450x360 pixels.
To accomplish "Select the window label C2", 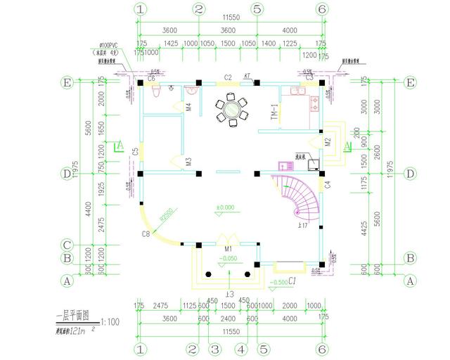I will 229,77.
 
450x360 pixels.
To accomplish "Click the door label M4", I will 188,108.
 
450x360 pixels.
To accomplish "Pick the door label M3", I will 188,162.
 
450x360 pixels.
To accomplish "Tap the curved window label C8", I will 146,233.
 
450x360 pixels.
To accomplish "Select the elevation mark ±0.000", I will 226,207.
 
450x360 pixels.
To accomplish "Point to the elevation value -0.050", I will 227,259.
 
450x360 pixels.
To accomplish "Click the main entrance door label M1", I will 228,249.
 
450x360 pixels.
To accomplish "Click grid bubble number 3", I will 216,349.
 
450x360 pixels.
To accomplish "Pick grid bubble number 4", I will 241,349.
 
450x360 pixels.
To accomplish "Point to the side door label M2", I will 328,141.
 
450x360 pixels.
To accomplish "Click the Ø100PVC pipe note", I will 109,46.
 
